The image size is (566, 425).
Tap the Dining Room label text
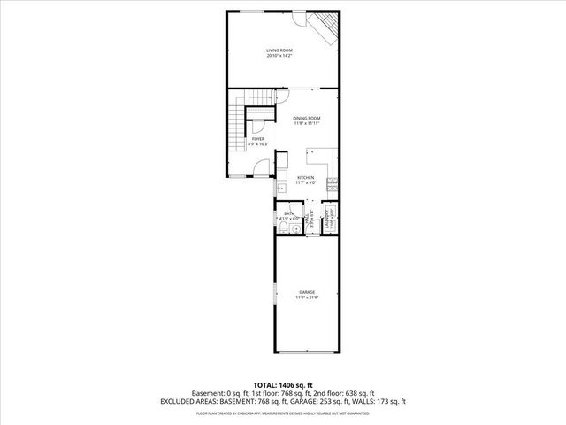coord(306,120)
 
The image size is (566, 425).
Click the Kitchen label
coord(306,180)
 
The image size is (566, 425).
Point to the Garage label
coord(306,294)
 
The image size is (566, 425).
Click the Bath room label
coord(288,215)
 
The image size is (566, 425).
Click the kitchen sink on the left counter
coord(279,187)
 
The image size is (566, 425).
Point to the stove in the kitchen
coord(331,185)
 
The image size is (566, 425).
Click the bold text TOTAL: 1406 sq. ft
coord(283,384)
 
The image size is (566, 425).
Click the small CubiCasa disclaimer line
coord(283,413)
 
